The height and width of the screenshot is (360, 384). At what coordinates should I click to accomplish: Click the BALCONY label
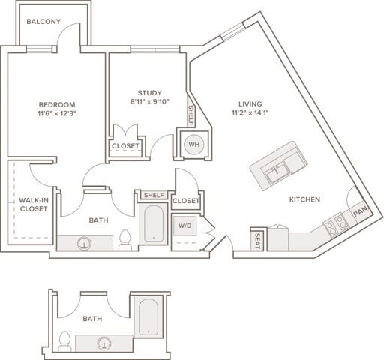(43, 22)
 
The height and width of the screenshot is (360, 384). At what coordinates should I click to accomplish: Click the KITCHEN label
(305, 199)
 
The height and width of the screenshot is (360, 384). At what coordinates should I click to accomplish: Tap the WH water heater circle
(193, 144)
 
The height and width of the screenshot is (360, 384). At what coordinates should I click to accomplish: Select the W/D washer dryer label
(184, 224)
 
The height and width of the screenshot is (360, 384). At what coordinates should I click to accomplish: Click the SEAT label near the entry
(257, 241)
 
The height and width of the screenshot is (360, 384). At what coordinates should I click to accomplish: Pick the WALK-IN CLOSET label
(34, 204)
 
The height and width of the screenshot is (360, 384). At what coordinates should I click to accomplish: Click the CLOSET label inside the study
(125, 145)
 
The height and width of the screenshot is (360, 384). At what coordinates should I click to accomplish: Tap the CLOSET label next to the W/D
(185, 201)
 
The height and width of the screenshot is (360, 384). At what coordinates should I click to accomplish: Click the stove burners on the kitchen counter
(335, 223)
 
